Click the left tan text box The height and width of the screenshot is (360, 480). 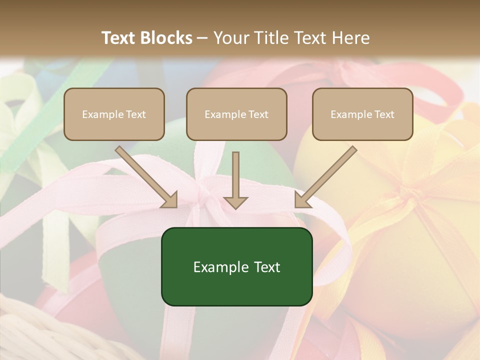point(114,114)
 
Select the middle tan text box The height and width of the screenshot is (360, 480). point(236,114)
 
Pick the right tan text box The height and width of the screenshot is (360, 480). point(362,114)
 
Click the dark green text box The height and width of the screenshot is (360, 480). point(236,266)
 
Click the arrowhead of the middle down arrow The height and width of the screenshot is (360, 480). point(235,202)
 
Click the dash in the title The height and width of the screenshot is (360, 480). point(202,38)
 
